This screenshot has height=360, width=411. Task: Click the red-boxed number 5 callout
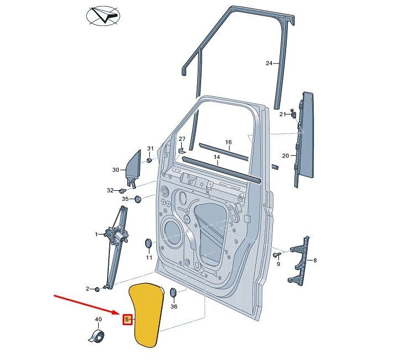tap(128, 319)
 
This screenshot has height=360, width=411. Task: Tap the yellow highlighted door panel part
tap(147, 315)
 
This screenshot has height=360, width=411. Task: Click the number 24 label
tap(269, 63)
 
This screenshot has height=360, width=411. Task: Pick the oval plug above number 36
tap(173, 293)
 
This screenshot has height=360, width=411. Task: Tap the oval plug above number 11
tap(149, 244)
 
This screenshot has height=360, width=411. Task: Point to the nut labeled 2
tap(97, 289)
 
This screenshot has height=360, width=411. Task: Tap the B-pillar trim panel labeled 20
tap(304, 139)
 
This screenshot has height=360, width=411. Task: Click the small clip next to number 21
tap(293, 113)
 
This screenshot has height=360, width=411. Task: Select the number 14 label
tap(217, 157)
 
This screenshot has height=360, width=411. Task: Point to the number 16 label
tap(229, 142)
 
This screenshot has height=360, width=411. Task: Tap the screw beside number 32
tap(123, 190)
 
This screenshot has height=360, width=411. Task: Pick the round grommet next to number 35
tap(138, 199)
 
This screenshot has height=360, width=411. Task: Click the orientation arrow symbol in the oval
tap(103, 16)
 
